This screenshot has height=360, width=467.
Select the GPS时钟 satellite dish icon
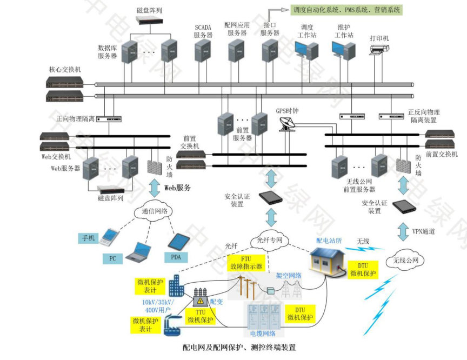[x=285, y=125]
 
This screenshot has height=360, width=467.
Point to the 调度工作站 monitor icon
[x=306, y=50]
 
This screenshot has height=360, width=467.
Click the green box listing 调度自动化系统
[x=346, y=9]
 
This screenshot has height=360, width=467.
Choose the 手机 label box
[x=88, y=238]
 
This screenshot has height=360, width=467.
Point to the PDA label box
[x=176, y=257]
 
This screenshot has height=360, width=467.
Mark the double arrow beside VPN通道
[x=403, y=231]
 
